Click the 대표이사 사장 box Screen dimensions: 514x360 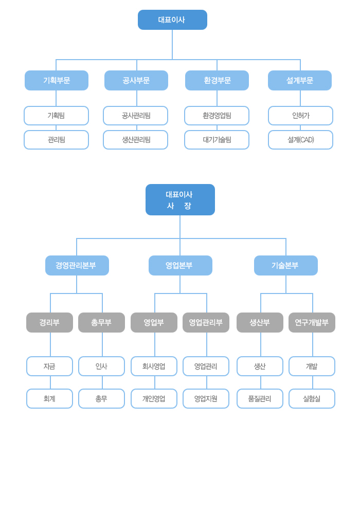pos(180,199)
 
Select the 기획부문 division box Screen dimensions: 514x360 pos(57,80)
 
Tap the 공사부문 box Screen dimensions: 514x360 pos(136,80)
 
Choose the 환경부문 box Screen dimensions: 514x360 pos(217,80)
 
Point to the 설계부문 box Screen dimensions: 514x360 pos(300,80)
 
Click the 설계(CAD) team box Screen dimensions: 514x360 pos(300,140)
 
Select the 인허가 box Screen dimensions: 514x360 pos(300,116)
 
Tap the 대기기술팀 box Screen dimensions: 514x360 pos(217,140)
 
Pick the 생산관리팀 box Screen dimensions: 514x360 pos(135,140)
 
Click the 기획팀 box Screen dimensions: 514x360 pos(56,116)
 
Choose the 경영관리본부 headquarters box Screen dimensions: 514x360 pos(77,265)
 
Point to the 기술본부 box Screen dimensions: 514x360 pos(286,265)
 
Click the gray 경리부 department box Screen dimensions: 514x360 pos(49,322)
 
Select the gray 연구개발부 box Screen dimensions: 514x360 pos(312,322)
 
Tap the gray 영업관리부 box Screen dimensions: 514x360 pos(206,322)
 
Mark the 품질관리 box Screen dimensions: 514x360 pos(260,398)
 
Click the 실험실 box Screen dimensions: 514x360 pos(312,398)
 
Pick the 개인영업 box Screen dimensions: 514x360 pos(154,398)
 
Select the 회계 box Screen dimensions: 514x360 pos(49,398)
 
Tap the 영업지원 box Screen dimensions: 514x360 pos(206,398)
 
